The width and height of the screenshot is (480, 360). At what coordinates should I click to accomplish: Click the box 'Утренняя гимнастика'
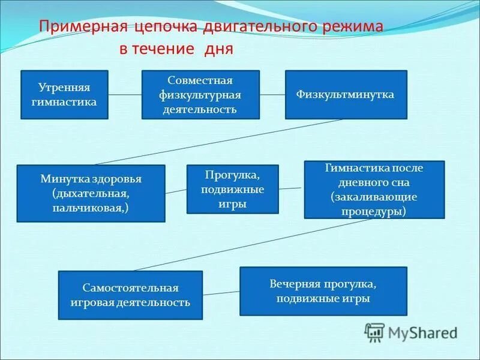[64, 94]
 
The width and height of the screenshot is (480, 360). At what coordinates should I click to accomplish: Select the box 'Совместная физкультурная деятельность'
[200, 94]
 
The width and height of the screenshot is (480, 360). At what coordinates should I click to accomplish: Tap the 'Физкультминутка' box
[345, 94]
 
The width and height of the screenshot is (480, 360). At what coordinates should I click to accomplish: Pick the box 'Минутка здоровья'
[91, 193]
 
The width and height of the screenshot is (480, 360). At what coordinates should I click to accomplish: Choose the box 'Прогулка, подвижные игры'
[232, 189]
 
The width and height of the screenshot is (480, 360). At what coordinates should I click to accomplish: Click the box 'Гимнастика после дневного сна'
[374, 189]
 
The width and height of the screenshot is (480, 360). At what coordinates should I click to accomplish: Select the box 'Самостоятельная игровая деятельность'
[130, 295]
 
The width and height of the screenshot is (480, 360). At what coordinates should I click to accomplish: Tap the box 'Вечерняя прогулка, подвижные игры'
[323, 291]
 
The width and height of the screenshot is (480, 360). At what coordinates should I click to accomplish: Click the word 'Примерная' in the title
[77, 29]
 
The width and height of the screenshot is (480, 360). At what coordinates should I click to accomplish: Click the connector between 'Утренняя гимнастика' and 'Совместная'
[125, 94]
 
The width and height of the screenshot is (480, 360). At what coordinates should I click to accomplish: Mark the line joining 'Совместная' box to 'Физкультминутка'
[272, 94]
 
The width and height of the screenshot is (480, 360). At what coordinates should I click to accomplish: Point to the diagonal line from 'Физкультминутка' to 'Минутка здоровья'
[219, 141]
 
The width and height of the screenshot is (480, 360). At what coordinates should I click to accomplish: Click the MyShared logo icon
[374, 332]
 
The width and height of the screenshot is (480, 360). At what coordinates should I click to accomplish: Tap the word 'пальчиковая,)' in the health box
[91, 207]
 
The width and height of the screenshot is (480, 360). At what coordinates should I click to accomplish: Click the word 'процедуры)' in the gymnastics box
[374, 211]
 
